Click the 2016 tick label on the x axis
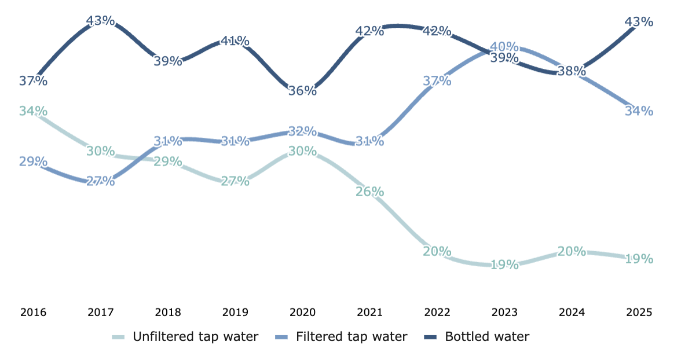click(x=33, y=313)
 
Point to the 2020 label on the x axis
click(x=302, y=313)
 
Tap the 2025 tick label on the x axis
click(x=639, y=313)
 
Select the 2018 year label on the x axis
click(x=168, y=313)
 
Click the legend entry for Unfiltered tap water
click(x=185, y=336)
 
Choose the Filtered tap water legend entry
click(x=342, y=336)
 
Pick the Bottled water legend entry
click(x=478, y=336)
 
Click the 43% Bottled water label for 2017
click(x=101, y=21)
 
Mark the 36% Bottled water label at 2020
click(x=302, y=91)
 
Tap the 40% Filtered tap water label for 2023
click(x=504, y=46)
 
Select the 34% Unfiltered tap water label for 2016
click(x=33, y=111)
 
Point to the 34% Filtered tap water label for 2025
click(x=639, y=111)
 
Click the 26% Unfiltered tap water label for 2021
click(x=370, y=191)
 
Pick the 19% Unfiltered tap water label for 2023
click(x=504, y=265)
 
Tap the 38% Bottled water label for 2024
click(x=572, y=71)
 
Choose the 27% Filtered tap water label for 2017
click(x=101, y=181)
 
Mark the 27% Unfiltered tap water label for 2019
click(x=235, y=181)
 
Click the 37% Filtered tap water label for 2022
click(x=437, y=81)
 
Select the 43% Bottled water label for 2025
click(x=639, y=22)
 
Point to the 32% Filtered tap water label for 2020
click(x=302, y=131)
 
